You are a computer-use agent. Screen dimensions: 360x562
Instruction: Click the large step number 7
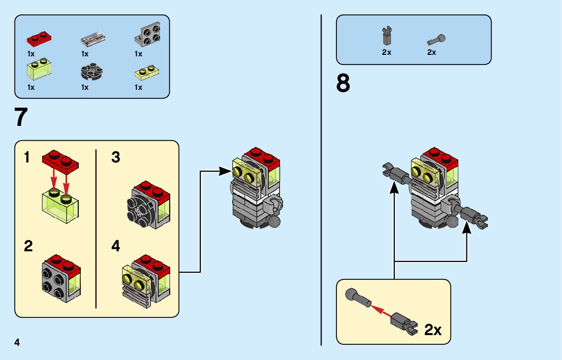(21, 117)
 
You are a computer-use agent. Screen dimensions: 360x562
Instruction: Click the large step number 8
(343, 83)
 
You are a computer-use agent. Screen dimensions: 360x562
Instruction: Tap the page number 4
(17, 342)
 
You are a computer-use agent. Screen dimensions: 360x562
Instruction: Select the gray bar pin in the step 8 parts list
(436, 39)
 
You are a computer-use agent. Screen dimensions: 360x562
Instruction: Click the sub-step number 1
(28, 158)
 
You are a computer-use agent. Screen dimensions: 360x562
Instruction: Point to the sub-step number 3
(116, 158)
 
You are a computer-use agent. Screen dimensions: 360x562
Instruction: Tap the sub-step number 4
(116, 247)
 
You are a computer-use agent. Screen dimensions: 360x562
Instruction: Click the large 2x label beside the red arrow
(433, 330)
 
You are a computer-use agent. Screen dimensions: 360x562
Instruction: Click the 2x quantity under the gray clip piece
(387, 52)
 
